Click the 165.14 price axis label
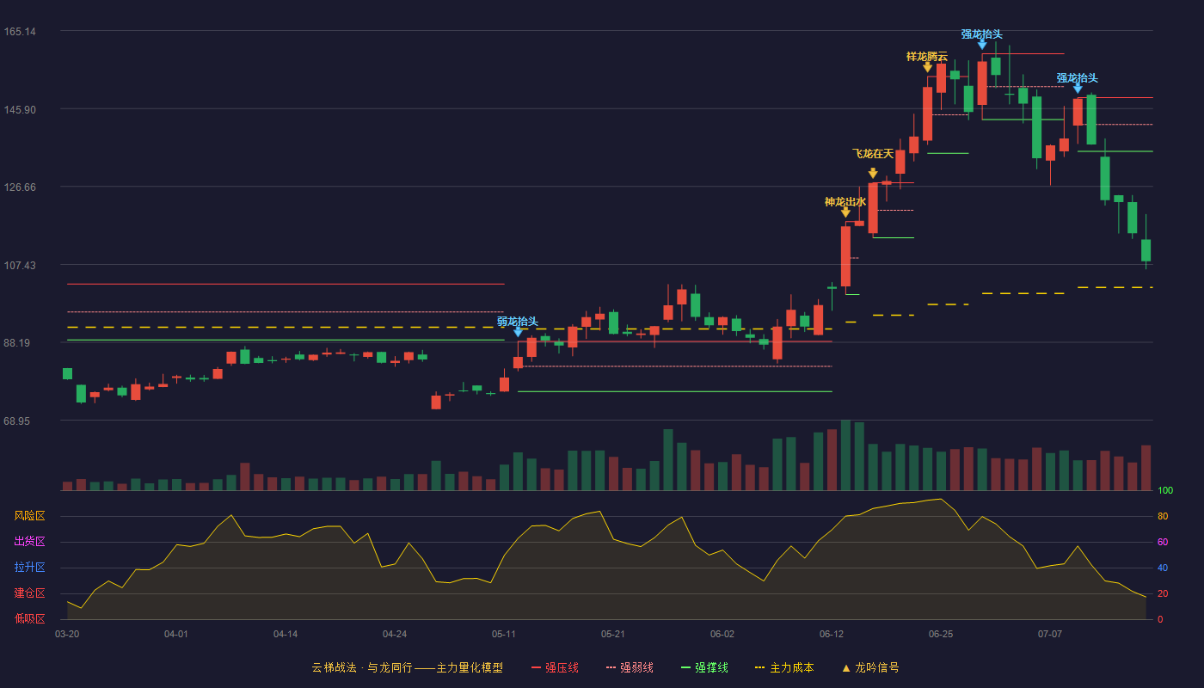tap(20, 32)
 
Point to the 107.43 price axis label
tap(20, 266)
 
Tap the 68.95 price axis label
tap(16, 421)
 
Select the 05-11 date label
tap(504, 635)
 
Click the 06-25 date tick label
tap(941, 635)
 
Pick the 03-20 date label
tap(67, 635)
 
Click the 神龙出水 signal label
tap(845, 202)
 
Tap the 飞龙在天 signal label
tap(873, 154)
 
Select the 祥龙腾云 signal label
tap(927, 57)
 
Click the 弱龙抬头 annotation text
tap(518, 322)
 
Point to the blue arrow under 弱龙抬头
tap(518, 332)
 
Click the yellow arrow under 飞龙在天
tap(873, 173)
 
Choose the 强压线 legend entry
tap(556, 668)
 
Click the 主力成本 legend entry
tap(784, 668)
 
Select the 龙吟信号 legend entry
tap(870, 668)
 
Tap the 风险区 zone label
tap(29, 516)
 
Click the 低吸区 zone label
tap(29, 619)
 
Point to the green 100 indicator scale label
tap(1165, 491)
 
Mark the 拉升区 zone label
tap(29, 568)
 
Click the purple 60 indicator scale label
tap(1163, 543)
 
